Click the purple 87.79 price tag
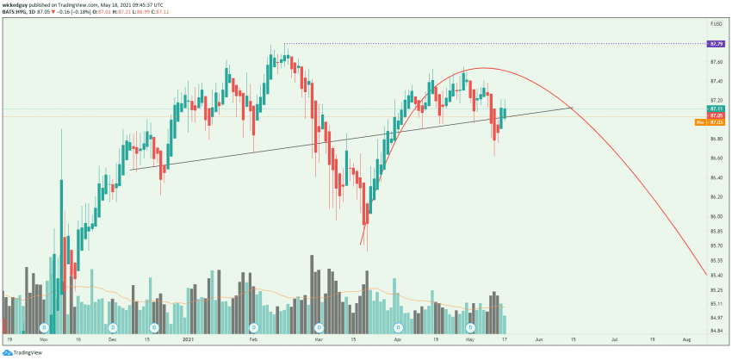click(716, 43)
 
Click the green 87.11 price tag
click(716, 109)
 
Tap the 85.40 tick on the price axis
click(716, 276)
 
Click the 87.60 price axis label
click(716, 62)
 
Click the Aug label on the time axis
click(685, 340)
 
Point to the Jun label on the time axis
click(538, 340)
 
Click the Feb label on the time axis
click(253, 340)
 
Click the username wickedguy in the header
click(17, 4)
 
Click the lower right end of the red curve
click(706, 275)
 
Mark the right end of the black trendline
click(573, 107)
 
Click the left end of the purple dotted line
click(285, 43)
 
